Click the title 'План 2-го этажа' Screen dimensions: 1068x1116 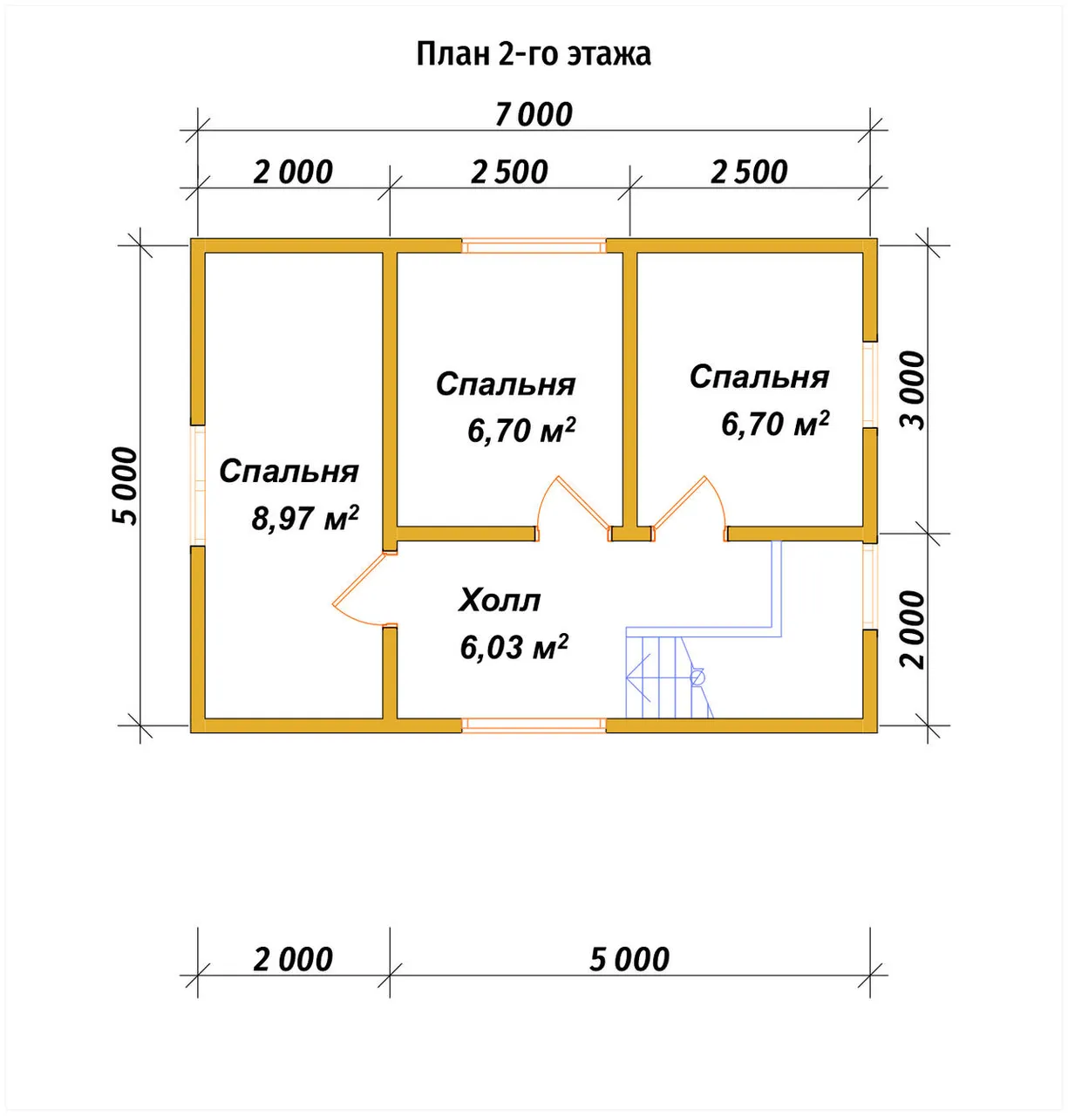tap(534, 54)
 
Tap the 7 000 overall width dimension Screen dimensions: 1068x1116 tap(534, 114)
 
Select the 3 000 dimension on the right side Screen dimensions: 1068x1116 tap(913, 391)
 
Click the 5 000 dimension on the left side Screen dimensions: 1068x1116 tap(125, 486)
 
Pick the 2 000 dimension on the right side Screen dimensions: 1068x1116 tap(913, 629)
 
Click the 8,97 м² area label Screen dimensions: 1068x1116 tap(305, 519)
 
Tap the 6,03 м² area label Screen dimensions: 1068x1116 tap(514, 648)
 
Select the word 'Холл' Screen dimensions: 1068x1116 tap(500, 601)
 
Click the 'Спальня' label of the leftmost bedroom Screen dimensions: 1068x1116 tap(289, 472)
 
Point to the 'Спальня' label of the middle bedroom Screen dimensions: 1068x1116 tap(506, 384)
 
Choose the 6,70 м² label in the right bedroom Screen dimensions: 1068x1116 tap(775, 424)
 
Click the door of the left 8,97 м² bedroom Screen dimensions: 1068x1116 tap(358, 589)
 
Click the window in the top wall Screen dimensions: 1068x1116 tap(534, 247)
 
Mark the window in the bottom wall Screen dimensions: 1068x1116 tap(534, 725)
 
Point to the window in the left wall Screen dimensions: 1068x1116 tap(198, 485)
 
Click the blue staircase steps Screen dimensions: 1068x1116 tap(669, 677)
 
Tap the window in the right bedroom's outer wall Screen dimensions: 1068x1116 tap(870, 384)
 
